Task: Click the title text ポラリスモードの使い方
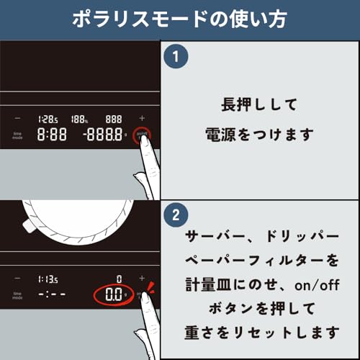(x=179, y=19)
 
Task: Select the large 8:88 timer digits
(x=52, y=135)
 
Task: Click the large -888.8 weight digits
(x=101, y=135)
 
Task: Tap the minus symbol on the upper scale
(x=17, y=118)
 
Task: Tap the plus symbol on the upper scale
(x=141, y=118)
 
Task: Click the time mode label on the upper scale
(x=17, y=135)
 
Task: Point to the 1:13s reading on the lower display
(x=49, y=278)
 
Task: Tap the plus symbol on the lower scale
(x=141, y=278)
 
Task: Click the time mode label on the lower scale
(x=17, y=294)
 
